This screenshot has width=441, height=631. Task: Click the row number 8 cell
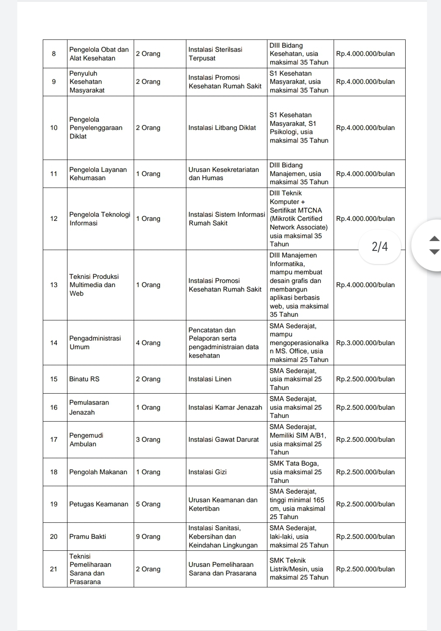tap(54, 54)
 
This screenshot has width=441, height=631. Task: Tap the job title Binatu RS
tap(84, 379)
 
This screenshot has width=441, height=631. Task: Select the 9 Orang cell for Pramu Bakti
tap(148, 536)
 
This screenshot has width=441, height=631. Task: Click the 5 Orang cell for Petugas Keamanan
tap(148, 504)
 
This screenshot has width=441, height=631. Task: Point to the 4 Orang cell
tap(148, 343)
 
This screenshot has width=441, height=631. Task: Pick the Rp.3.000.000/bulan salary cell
tap(365, 343)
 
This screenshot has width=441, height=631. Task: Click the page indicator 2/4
tap(380, 246)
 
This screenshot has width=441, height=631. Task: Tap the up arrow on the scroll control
tap(434, 239)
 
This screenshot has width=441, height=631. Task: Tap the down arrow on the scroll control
tap(434, 252)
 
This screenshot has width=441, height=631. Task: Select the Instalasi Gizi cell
tap(207, 472)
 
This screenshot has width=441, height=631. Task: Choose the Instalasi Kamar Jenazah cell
tap(225, 407)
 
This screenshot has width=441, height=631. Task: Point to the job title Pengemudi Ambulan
tap(86, 439)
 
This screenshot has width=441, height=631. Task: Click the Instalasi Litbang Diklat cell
tap(222, 128)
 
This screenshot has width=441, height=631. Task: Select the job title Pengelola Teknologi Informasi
tap(100, 218)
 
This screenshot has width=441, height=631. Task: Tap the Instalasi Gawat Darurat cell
tap(223, 439)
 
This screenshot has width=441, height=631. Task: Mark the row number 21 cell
tap(54, 569)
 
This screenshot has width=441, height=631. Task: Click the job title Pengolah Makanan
tap(98, 472)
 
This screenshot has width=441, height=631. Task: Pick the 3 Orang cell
tap(148, 439)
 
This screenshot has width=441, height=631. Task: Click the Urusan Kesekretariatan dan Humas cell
tap(224, 174)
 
